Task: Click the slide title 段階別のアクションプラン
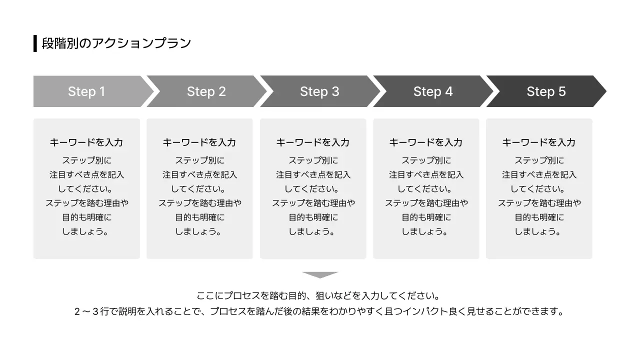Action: [x=116, y=43]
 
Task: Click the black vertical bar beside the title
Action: [x=35, y=43]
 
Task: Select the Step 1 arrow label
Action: [x=86, y=91]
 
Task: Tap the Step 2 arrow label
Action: [x=206, y=91]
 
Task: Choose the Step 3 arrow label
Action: [x=319, y=91]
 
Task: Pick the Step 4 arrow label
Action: [x=432, y=91]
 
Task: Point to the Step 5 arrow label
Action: [x=546, y=91]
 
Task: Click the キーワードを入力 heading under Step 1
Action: [x=86, y=142]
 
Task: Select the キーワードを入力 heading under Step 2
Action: [x=199, y=142]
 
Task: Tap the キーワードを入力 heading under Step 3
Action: [x=313, y=142]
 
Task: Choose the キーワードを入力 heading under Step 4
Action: [x=426, y=142]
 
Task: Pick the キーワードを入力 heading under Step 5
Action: [x=539, y=142]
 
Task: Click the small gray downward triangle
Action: [x=320, y=275]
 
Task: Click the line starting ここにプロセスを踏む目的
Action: [x=320, y=296]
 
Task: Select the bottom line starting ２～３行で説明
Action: [x=320, y=311]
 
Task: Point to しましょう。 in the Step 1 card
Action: [x=86, y=232]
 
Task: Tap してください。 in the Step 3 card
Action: [x=313, y=189]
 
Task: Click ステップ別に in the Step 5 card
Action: [x=539, y=160]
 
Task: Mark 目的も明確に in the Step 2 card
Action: [x=199, y=217]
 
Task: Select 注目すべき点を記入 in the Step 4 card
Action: [x=426, y=175]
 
